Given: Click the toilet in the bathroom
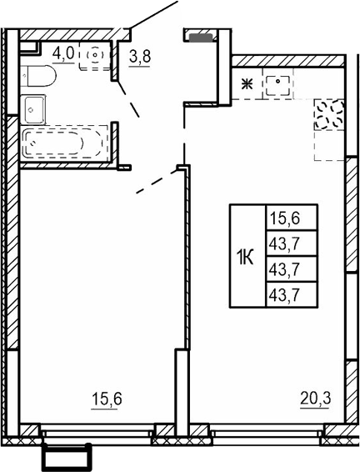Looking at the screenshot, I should tap(39, 77).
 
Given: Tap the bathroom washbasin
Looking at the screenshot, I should tap(36, 107).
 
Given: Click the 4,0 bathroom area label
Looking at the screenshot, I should tap(63, 53).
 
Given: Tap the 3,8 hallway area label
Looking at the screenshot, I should tap(140, 58).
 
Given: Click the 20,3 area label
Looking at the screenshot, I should tap(316, 399).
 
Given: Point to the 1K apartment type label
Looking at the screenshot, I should tap(246, 255).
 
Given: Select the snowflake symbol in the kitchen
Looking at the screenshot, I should tap(247, 83).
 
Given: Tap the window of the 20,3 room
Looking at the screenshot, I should tap(267, 432).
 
